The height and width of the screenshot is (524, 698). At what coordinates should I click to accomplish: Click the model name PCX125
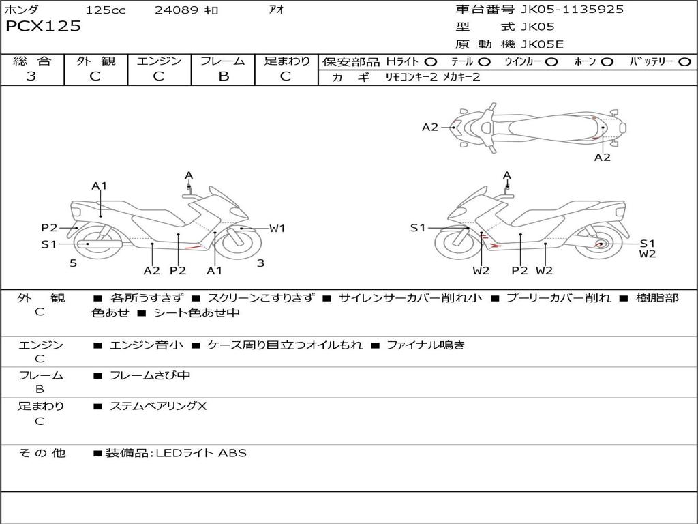(x=43, y=26)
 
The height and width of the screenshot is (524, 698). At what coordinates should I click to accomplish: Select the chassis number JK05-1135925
(x=572, y=9)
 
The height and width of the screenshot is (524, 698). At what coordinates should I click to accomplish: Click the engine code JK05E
(x=542, y=44)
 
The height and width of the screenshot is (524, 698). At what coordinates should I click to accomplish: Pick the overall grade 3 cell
(x=31, y=76)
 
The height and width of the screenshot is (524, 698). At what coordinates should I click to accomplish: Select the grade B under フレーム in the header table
(x=224, y=76)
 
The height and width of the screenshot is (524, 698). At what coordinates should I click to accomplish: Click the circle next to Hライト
(x=431, y=62)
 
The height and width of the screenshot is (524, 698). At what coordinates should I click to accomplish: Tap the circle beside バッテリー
(x=684, y=62)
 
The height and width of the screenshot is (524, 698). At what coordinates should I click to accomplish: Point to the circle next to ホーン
(x=607, y=62)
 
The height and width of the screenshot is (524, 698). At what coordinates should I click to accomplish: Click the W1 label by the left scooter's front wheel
(x=277, y=229)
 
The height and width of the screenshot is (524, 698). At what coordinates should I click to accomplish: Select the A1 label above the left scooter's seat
(x=100, y=186)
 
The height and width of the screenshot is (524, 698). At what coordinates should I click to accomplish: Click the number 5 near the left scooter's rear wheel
(x=74, y=263)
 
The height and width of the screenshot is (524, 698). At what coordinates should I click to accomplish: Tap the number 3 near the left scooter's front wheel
(x=261, y=263)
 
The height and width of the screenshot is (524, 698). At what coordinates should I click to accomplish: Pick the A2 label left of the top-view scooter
(x=430, y=128)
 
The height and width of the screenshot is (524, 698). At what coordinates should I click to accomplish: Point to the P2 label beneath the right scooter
(x=519, y=270)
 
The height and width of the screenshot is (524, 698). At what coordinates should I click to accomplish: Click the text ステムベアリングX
(x=158, y=406)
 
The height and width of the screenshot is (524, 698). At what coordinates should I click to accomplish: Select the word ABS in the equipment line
(x=232, y=453)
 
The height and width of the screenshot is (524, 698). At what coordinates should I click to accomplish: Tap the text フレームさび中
(x=150, y=376)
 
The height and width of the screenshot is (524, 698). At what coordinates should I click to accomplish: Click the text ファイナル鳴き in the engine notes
(x=425, y=345)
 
